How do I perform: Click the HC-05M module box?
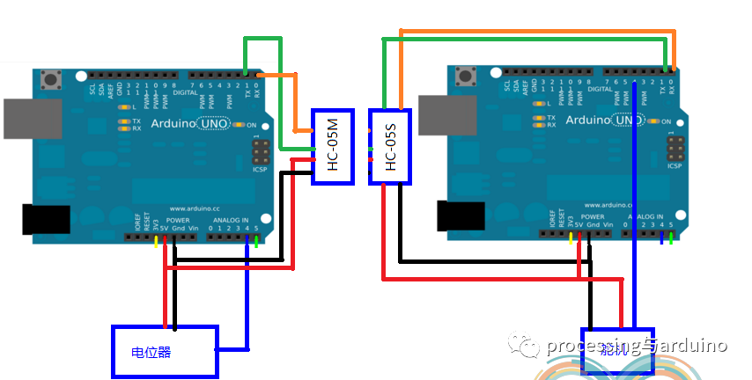pyautogui.click(x=333, y=147)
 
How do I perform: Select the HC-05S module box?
pyautogui.click(x=390, y=147)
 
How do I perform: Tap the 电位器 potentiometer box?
pyautogui.click(x=164, y=352)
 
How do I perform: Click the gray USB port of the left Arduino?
pyautogui.click(x=33, y=119)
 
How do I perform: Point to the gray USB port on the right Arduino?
pyautogui.click(x=447, y=116)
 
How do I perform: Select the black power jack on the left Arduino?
pyautogui.click(x=46, y=219)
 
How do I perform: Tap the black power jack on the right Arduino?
pyautogui.click(x=461, y=216)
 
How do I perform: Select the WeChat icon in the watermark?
pyautogui.click(x=528, y=346)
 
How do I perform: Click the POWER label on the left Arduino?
pyautogui.click(x=178, y=220)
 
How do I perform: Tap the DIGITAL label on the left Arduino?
pyautogui.click(x=186, y=91)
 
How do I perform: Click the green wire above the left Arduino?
pyautogui.click(x=262, y=40)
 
